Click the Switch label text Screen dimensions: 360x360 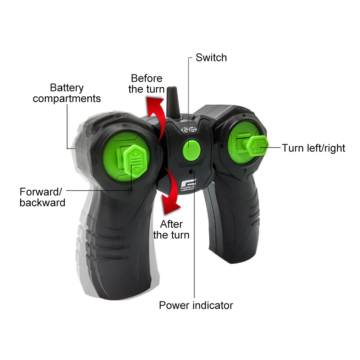[211, 58]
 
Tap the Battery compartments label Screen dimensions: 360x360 [67, 93]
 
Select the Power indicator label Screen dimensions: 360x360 [196, 305]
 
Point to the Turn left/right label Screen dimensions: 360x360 [313, 148]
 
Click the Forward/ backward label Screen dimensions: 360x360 [42, 197]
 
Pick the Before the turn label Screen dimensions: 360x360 [146, 83]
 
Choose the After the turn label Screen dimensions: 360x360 [171, 229]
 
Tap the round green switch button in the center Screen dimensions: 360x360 [192, 150]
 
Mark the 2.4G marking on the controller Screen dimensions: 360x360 [189, 130]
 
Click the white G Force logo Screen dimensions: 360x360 [188, 185]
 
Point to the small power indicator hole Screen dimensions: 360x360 [191, 172]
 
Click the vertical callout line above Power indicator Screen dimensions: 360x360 [194, 234]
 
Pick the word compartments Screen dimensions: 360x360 [67, 99]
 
